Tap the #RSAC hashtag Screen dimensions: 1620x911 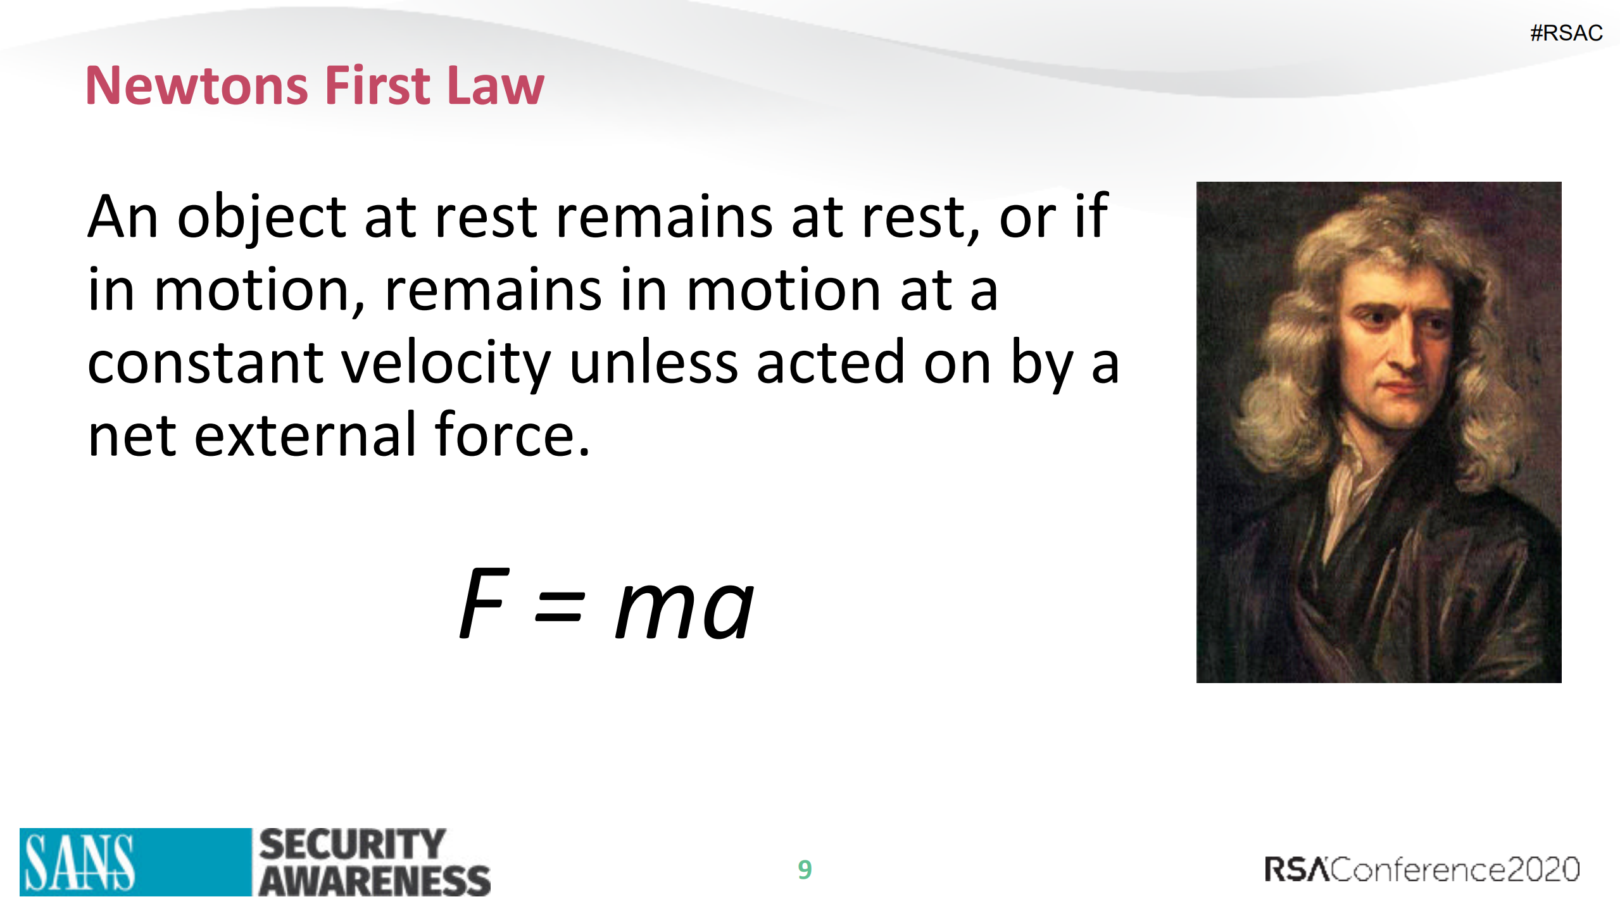pyautogui.click(x=1566, y=33)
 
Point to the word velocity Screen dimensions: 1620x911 pyautogui.click(x=446, y=365)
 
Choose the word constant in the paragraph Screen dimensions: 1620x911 pyautogui.click(x=205, y=363)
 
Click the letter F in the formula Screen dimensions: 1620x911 pyautogui.click(x=484, y=603)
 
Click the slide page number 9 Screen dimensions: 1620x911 pyautogui.click(x=805, y=869)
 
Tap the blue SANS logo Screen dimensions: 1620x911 pyautogui.click(x=135, y=862)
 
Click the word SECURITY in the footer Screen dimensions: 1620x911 pyautogui.click(x=353, y=845)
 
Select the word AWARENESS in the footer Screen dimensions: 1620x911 pyautogui.click(x=375, y=881)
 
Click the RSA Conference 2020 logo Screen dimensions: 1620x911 pyautogui.click(x=1422, y=869)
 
